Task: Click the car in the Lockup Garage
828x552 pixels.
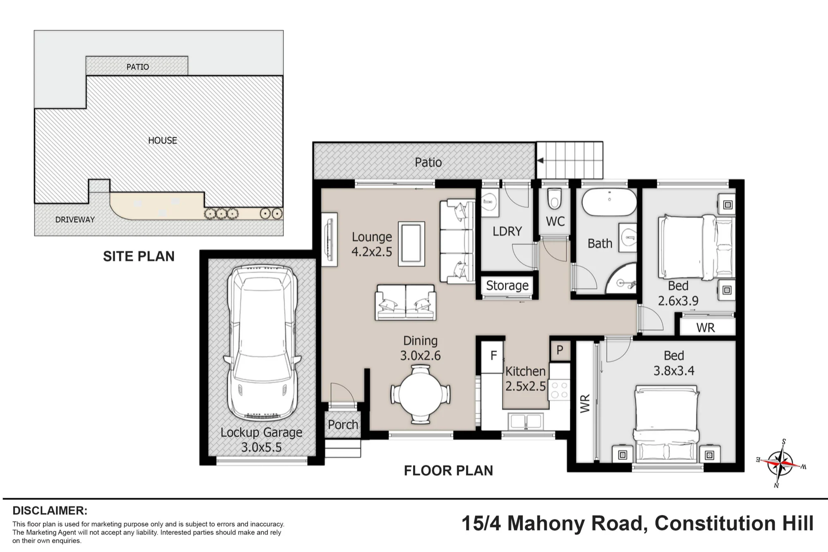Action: (x=262, y=343)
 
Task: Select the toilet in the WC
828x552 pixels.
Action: (x=554, y=199)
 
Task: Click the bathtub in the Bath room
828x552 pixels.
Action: (x=609, y=202)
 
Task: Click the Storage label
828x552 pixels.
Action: (x=507, y=286)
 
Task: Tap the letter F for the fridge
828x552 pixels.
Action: (x=493, y=355)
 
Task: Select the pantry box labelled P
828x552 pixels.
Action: (x=560, y=350)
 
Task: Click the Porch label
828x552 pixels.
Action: (x=343, y=425)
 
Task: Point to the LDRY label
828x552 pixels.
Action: (x=507, y=231)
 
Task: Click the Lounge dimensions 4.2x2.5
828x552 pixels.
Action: (x=372, y=252)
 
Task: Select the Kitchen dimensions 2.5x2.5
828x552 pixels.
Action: (x=525, y=386)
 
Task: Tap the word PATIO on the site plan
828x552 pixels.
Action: (x=138, y=67)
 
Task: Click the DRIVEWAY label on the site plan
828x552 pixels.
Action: (x=75, y=220)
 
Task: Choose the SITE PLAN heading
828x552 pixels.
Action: (x=139, y=257)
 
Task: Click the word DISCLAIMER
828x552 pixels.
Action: (x=50, y=511)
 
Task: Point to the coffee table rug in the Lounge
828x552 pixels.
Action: (x=412, y=244)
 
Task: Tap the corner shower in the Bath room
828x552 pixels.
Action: (x=621, y=278)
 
